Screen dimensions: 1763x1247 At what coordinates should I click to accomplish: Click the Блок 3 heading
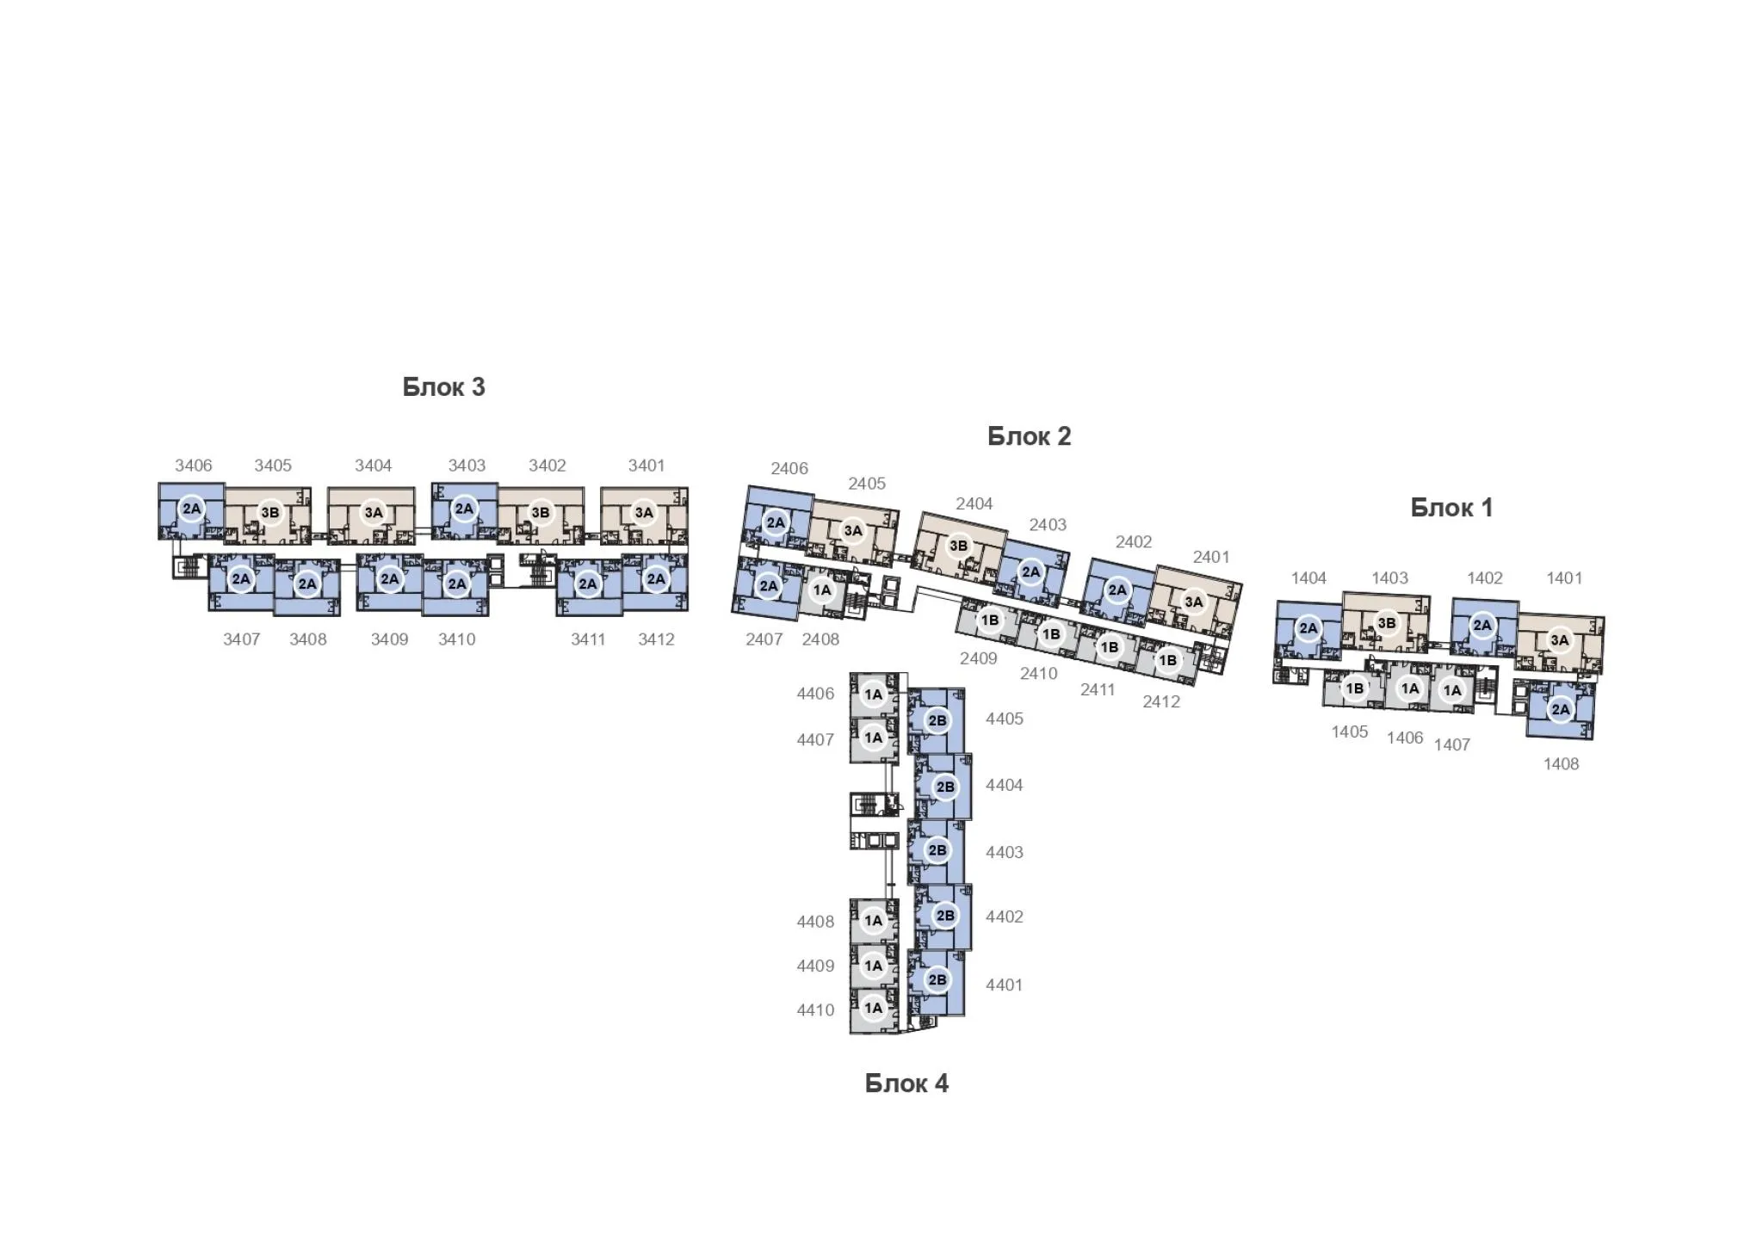pyautogui.click(x=443, y=387)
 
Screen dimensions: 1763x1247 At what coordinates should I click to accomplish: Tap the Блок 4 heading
pyautogui.click(x=906, y=1083)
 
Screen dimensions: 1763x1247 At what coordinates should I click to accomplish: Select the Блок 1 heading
pyautogui.click(x=1451, y=508)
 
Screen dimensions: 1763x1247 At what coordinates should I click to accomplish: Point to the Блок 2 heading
pyautogui.click(x=1029, y=436)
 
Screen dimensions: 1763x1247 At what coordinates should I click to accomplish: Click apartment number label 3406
pyautogui.click(x=194, y=466)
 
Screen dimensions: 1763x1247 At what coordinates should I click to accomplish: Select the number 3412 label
pyautogui.click(x=656, y=639)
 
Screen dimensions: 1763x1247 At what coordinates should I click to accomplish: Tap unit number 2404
pyautogui.click(x=974, y=503)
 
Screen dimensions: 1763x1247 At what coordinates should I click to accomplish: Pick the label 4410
pyautogui.click(x=815, y=1009)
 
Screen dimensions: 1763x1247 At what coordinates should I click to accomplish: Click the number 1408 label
pyautogui.click(x=1561, y=764)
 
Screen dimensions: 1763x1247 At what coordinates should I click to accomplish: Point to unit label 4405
pyautogui.click(x=1005, y=719)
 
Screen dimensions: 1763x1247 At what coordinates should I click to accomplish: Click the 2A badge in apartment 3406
pyautogui.click(x=191, y=509)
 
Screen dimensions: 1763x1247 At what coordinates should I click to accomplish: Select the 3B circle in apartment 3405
pyautogui.click(x=270, y=513)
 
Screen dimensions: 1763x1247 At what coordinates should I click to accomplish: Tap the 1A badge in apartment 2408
pyautogui.click(x=822, y=590)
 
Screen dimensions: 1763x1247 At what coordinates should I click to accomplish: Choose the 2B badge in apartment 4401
pyautogui.click(x=937, y=979)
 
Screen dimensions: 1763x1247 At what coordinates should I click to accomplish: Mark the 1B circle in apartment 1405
pyautogui.click(x=1355, y=688)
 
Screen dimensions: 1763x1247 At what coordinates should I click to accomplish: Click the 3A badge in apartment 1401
pyautogui.click(x=1560, y=639)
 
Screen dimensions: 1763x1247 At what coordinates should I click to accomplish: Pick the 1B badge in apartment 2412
pyautogui.click(x=1167, y=661)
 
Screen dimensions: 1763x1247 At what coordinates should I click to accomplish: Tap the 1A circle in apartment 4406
pyautogui.click(x=874, y=694)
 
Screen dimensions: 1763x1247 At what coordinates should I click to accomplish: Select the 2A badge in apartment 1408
pyautogui.click(x=1560, y=710)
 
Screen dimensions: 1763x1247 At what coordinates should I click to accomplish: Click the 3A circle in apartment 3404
pyautogui.click(x=374, y=513)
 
